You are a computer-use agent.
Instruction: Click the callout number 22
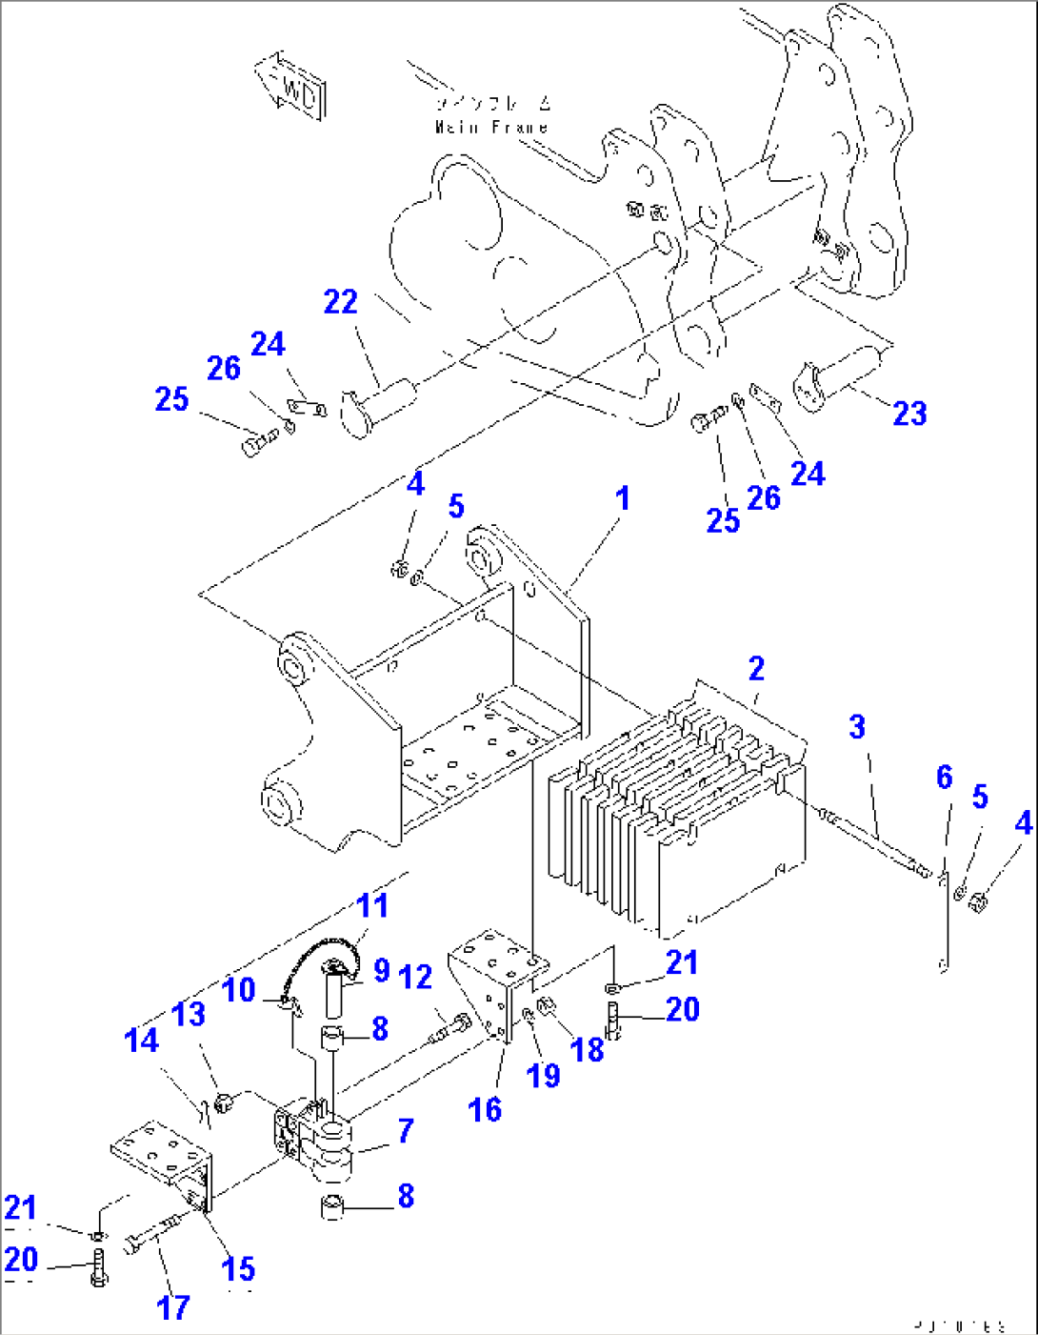click(x=340, y=302)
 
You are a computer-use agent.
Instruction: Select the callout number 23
click(x=908, y=414)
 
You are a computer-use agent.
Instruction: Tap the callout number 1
click(x=622, y=498)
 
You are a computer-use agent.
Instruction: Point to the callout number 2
click(x=756, y=669)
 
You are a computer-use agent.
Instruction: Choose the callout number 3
click(x=857, y=727)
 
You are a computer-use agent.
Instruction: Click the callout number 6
click(x=944, y=778)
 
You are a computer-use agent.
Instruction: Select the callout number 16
click(x=485, y=1109)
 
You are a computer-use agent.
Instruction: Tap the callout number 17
click(x=172, y=1307)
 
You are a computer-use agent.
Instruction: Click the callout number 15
click(x=238, y=1269)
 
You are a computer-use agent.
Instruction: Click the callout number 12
click(x=416, y=978)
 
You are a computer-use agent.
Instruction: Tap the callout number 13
click(x=189, y=1014)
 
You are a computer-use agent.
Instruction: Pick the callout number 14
click(x=142, y=1041)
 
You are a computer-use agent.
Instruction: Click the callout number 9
click(x=381, y=970)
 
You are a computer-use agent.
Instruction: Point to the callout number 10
click(x=239, y=989)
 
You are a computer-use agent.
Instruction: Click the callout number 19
click(x=544, y=1076)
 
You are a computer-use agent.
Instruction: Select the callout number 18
click(x=588, y=1050)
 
